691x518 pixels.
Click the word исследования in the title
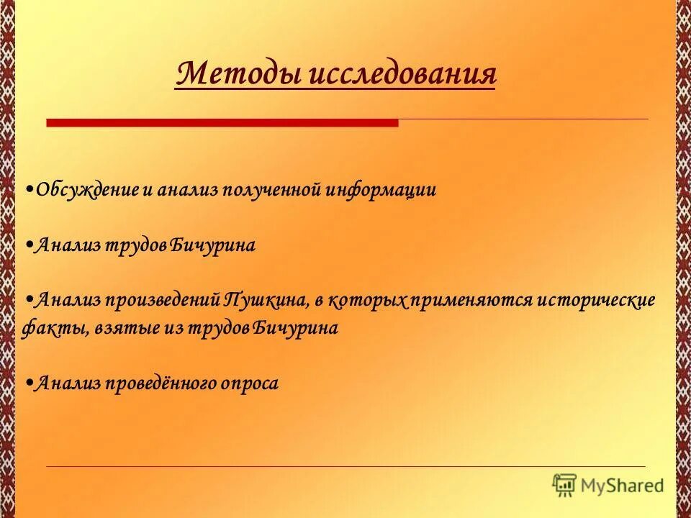403,75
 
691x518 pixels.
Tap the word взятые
125,329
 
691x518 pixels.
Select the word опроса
252,383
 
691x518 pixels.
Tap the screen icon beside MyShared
565,485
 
